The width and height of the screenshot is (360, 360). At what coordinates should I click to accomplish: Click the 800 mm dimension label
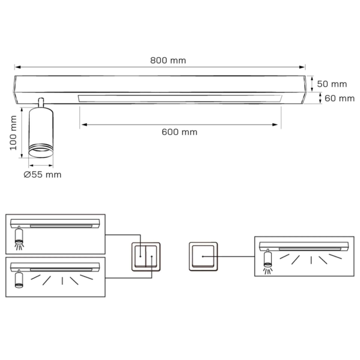[x=168, y=60]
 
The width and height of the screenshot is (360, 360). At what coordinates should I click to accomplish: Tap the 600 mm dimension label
[x=179, y=132]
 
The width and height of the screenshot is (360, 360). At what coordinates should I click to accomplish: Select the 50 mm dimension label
[x=332, y=84]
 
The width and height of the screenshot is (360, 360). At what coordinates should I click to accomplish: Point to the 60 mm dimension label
[x=340, y=98]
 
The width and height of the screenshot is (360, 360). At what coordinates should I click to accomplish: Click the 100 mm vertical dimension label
[x=13, y=132]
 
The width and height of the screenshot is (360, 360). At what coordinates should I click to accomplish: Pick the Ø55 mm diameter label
[x=42, y=175]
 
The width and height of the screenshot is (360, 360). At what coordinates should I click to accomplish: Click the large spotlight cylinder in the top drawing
[x=41, y=131]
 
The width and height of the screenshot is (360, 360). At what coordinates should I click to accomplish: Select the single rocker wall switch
[x=203, y=256]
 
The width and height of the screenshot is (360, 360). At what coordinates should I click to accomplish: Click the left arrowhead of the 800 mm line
[x=17, y=66]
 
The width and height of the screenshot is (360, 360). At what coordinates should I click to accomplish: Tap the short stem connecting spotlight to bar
[x=41, y=102]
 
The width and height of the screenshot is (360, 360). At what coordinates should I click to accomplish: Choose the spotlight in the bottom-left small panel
[x=18, y=279]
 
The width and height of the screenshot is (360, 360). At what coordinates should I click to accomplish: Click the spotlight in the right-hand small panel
[x=268, y=258]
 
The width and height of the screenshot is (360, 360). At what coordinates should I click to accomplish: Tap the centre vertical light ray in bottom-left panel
[x=62, y=280]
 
